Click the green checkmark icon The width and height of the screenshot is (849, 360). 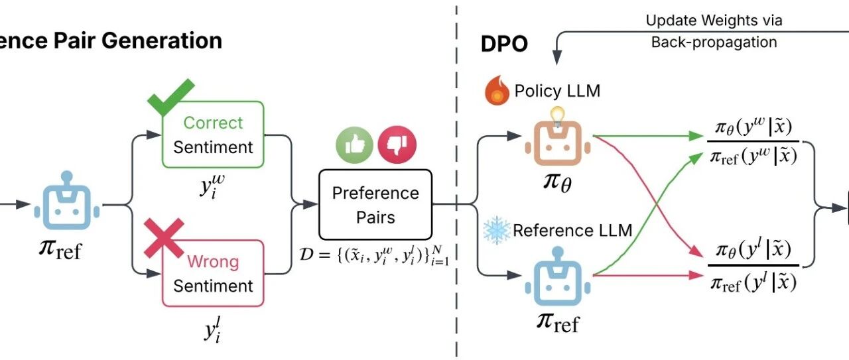(x=170, y=97)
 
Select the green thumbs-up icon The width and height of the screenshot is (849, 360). (x=354, y=145)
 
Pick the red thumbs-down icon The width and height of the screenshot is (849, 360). (x=397, y=145)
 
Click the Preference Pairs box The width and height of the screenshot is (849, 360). (x=375, y=205)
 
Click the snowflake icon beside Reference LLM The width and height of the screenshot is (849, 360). (x=497, y=231)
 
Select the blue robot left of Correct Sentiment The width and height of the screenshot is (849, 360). (x=67, y=200)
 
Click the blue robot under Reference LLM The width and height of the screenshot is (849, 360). (x=558, y=276)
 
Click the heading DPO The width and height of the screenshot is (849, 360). (x=504, y=44)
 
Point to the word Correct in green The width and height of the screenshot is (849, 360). (x=213, y=123)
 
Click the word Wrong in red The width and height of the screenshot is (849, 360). (x=213, y=262)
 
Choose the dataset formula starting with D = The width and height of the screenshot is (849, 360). (x=374, y=255)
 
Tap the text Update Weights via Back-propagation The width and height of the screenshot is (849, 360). (x=714, y=31)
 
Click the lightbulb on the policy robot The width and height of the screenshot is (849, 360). (x=558, y=116)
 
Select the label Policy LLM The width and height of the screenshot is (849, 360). (x=557, y=91)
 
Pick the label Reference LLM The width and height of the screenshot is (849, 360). (x=572, y=231)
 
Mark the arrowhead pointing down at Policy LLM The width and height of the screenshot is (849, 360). (x=556, y=57)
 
